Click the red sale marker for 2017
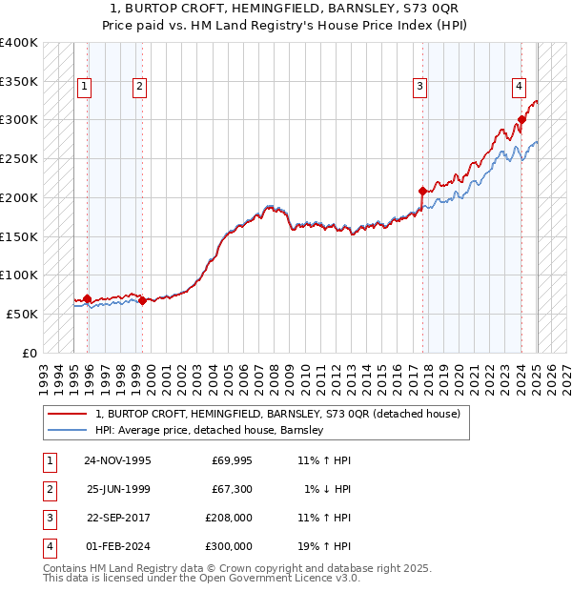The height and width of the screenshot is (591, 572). (422, 191)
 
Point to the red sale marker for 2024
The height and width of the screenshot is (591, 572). (521, 120)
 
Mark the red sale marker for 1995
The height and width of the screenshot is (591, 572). (88, 298)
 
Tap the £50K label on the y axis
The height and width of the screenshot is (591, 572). (23, 314)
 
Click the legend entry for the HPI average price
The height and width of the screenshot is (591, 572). (210, 430)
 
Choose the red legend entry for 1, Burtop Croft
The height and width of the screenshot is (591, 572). (277, 414)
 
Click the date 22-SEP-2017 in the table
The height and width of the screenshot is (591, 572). (117, 520)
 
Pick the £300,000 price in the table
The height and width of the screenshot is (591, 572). (228, 548)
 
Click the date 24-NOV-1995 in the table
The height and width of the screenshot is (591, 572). (117, 461)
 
